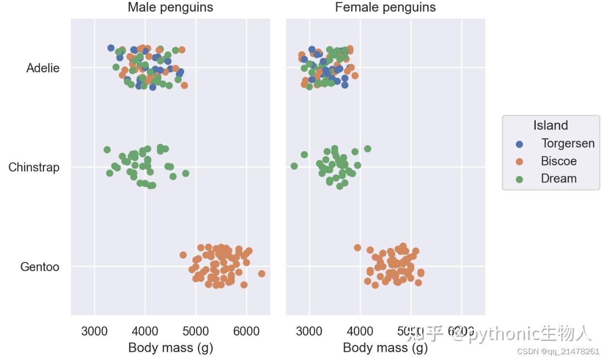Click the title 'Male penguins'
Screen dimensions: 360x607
(170, 7)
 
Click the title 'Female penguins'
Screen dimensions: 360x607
(385, 7)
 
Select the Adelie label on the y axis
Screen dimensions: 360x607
(43, 68)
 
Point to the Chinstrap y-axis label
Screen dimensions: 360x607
(34, 167)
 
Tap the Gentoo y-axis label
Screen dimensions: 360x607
(40, 267)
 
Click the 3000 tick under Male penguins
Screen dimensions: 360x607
(95, 331)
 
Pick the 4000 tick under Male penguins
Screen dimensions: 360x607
(145, 331)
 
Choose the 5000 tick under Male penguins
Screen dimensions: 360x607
(196, 331)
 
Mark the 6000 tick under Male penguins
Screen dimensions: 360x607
(246, 331)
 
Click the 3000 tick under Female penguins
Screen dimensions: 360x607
(309, 331)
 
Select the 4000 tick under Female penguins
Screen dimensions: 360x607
(360, 331)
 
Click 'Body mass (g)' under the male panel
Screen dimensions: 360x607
(170, 347)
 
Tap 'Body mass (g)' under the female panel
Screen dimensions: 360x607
(385, 347)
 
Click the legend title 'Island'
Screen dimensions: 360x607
(550, 125)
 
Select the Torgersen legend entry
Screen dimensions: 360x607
(568, 144)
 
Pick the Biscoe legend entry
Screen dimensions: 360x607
(559, 161)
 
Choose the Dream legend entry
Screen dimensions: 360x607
(559, 179)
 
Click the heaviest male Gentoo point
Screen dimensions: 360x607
(262, 274)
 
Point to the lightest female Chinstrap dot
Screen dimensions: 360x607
(294, 166)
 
